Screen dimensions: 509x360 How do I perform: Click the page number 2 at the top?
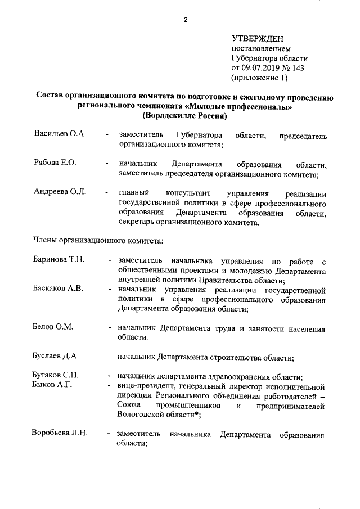pyautogui.click(x=184, y=21)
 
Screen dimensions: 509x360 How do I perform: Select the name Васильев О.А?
pyautogui.click(x=59, y=136)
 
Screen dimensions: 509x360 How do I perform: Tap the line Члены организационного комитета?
pyautogui.click(x=97, y=241)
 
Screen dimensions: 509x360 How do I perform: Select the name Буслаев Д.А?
pyautogui.click(x=55, y=356)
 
